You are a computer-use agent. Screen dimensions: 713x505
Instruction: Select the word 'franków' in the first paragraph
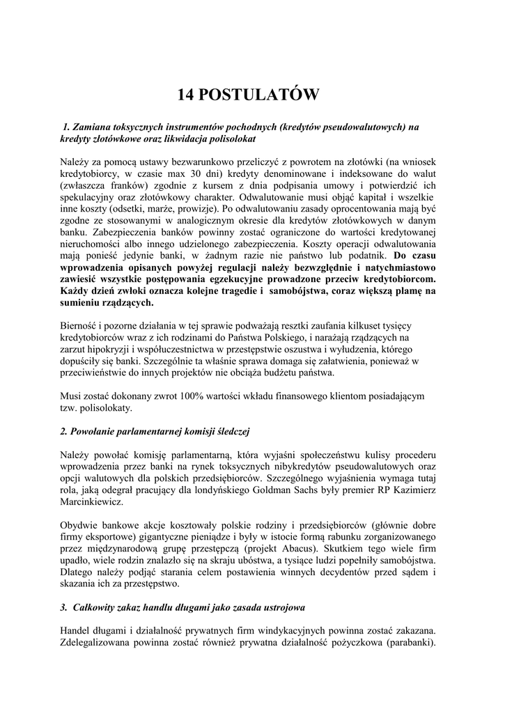(125, 186)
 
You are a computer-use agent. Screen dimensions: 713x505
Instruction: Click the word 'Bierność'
(80, 326)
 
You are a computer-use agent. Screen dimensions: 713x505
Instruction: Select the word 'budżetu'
(267, 373)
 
